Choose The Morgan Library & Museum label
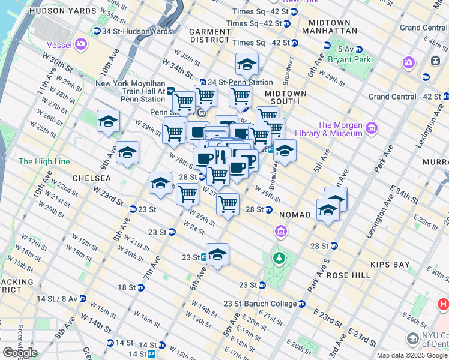tap(340, 129)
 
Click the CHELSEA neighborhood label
tap(91, 178)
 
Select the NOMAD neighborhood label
tap(295, 214)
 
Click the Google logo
tap(20, 353)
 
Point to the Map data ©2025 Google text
tap(412, 355)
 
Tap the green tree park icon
tap(279, 259)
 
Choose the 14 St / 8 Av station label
tap(53, 298)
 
